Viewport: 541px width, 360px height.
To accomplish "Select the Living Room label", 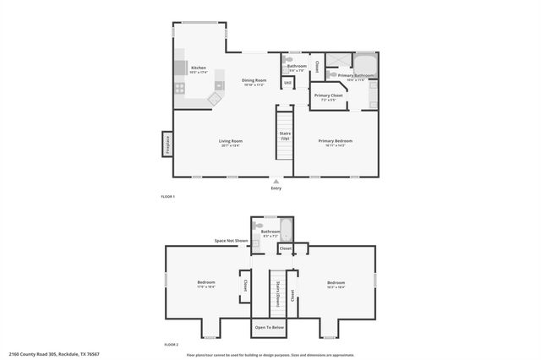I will pyautogui.click(x=231, y=143).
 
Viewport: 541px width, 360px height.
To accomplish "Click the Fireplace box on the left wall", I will pyautogui.click(x=167, y=144).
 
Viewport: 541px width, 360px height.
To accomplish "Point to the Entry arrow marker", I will pyautogui.click(x=276, y=180).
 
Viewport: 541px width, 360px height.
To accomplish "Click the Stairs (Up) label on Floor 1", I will pyautogui.click(x=285, y=134).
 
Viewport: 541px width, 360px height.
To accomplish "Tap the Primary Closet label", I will pyautogui.click(x=328, y=96).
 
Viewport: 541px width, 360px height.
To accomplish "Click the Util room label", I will pyautogui.click(x=287, y=83).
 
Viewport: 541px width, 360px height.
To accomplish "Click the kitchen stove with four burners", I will pyautogui.click(x=180, y=87).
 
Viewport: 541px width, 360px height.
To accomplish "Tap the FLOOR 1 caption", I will pyautogui.click(x=167, y=196).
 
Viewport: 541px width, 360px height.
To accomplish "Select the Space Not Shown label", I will pyautogui.click(x=231, y=241).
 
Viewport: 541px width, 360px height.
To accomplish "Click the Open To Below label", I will pyautogui.click(x=269, y=326).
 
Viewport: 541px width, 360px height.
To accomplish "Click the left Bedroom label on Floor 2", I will pyautogui.click(x=206, y=283).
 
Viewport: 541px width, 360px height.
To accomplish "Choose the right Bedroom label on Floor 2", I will pyautogui.click(x=336, y=283).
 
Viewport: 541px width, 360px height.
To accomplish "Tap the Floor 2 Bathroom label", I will pyautogui.click(x=270, y=233).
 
